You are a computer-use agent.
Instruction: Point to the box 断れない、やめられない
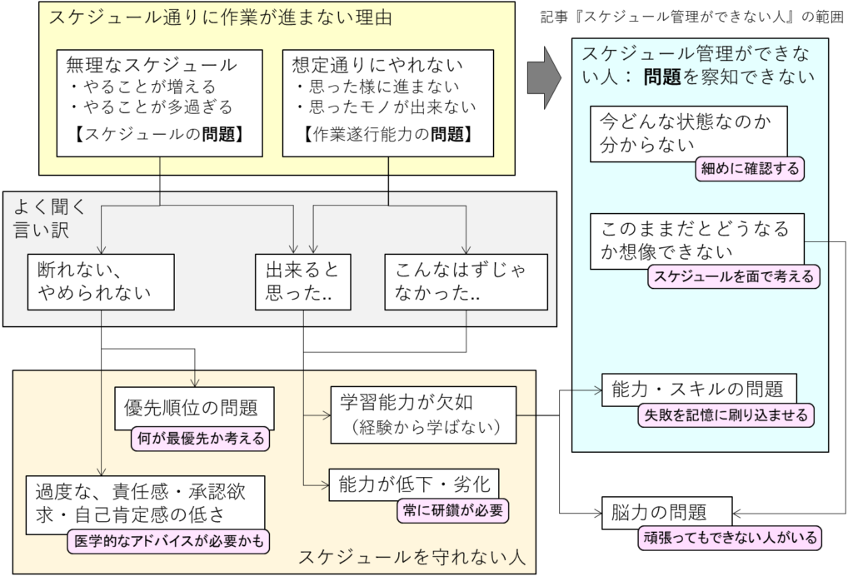[102, 282]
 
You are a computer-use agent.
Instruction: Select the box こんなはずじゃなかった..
[467, 282]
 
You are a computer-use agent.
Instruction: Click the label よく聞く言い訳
[42, 218]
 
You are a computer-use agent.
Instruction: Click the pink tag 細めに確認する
[749, 168]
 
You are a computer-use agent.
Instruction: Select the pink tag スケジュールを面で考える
[734, 276]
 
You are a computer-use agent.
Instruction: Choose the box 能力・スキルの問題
[698, 388]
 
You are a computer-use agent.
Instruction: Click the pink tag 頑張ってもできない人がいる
[731, 537]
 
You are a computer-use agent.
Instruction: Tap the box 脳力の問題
[666, 511]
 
